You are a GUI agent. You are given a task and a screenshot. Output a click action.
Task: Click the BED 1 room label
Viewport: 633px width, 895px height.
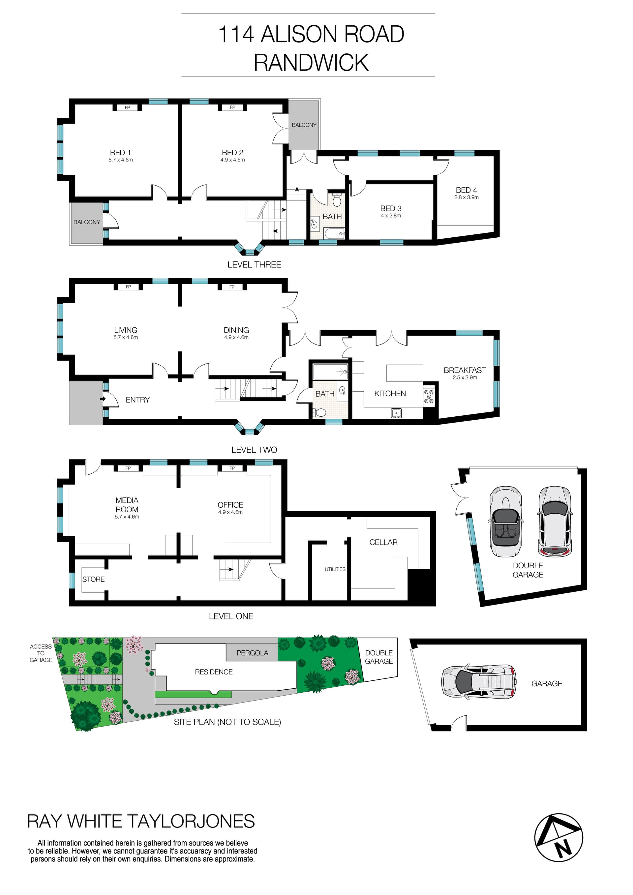[120, 152]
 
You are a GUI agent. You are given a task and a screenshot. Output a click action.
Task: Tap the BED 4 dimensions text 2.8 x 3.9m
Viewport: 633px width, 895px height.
[466, 197]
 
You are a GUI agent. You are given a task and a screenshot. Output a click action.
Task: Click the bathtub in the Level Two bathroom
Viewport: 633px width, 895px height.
[330, 372]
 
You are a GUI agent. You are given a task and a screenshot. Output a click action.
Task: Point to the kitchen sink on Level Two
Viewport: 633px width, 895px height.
[396, 413]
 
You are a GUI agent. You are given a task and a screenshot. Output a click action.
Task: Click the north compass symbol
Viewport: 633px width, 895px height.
[558, 837]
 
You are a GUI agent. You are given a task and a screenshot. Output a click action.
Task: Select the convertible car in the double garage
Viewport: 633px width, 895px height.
[505, 521]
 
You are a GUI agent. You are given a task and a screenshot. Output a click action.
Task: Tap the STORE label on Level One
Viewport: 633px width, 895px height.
[93, 579]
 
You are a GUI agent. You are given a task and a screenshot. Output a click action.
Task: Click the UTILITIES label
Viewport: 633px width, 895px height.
[335, 569]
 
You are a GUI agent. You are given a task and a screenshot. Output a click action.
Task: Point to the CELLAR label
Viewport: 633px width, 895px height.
[383, 542]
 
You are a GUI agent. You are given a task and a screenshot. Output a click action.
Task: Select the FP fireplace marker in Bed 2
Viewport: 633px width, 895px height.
[232, 107]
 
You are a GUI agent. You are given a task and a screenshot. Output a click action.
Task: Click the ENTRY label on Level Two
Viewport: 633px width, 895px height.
[137, 400]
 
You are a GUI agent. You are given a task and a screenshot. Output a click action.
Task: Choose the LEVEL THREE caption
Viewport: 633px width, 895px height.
[254, 264]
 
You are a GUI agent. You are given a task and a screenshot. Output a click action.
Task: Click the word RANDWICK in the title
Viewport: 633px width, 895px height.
[311, 62]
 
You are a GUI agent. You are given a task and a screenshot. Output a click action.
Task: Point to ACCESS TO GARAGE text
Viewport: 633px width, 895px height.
[41, 653]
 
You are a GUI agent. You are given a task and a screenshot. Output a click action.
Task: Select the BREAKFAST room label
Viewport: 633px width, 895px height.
[465, 370]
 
